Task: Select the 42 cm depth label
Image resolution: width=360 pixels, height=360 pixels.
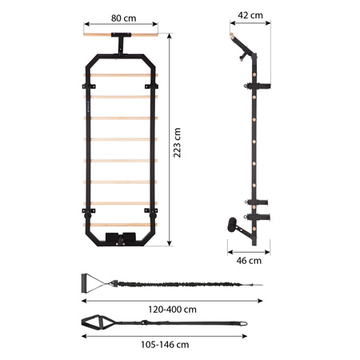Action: (x=250, y=14)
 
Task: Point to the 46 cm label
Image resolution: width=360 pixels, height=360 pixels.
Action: (x=250, y=260)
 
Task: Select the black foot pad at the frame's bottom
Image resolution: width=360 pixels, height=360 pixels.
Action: (x=122, y=238)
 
